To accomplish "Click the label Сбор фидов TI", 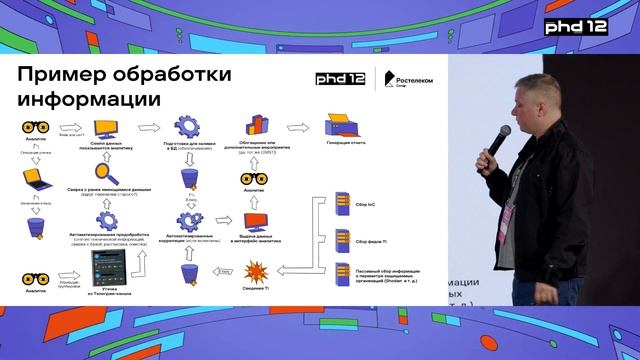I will click(373, 238).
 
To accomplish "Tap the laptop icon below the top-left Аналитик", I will click(37, 179).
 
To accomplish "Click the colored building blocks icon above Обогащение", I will click(255, 125).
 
